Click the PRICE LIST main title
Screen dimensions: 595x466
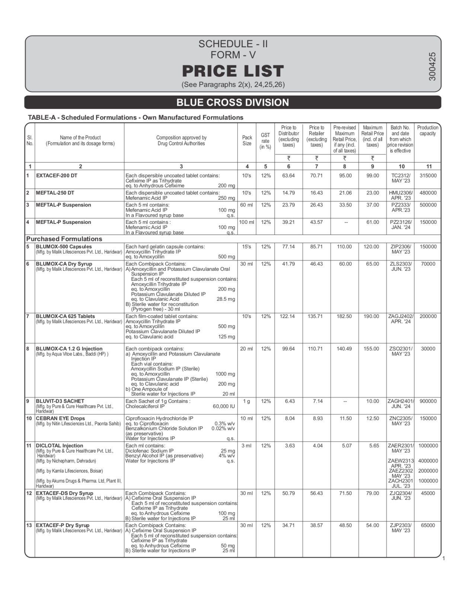[233, 71]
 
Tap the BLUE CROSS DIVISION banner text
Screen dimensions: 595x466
[233, 102]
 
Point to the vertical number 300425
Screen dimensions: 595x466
[432, 66]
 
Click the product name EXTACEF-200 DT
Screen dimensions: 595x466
[57, 176]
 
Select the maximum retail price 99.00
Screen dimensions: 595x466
[372, 176]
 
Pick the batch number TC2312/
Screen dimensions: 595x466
[400, 176]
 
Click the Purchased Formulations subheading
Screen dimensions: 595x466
[64, 239]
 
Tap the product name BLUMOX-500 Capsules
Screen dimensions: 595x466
[64, 247]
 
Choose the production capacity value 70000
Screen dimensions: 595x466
[428, 264]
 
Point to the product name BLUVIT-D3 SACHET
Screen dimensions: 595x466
[60, 401]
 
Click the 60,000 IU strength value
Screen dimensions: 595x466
[224, 406]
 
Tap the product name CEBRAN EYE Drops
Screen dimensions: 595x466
[60, 418]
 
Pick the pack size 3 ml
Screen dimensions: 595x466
[246, 446]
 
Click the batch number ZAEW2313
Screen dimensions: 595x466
[400, 461]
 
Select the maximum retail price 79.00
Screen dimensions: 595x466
[372, 493]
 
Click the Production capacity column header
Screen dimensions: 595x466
[428, 131]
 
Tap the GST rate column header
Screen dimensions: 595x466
[265, 141]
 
